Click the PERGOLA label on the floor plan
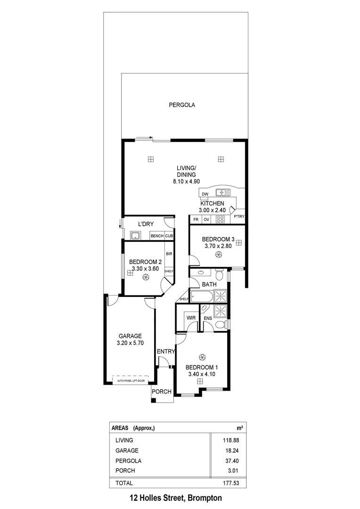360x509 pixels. (x=182, y=105)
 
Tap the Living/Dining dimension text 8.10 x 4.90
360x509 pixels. (x=186, y=181)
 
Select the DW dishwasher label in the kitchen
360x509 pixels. (x=205, y=194)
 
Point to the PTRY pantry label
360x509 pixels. (x=239, y=217)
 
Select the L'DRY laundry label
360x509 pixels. (x=147, y=224)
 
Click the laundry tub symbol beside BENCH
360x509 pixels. (x=135, y=236)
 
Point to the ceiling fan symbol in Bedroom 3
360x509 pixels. (x=218, y=255)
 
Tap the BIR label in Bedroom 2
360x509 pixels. (x=169, y=254)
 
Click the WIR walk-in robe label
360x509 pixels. (x=191, y=318)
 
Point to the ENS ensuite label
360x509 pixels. (x=208, y=319)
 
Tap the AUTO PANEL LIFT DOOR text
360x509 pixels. (x=130, y=379)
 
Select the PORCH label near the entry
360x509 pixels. (x=161, y=392)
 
